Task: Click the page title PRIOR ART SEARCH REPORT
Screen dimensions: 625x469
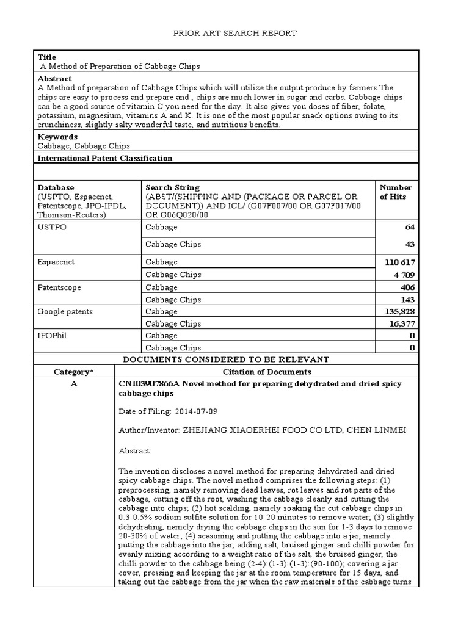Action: click(x=234, y=33)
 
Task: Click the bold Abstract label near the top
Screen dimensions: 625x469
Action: click(x=54, y=79)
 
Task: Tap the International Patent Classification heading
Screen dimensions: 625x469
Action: click(x=105, y=157)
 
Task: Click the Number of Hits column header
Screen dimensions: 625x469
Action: click(x=396, y=192)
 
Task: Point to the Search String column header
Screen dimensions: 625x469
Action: click(x=172, y=187)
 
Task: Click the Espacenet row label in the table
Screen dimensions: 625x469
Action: click(x=57, y=262)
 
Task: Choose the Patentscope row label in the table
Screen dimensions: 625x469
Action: click(x=59, y=287)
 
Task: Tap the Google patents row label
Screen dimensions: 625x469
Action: click(x=65, y=311)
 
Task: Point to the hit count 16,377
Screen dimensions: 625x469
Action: click(x=402, y=323)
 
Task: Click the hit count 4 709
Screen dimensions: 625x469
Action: click(x=402, y=275)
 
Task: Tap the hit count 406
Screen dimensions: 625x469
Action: click(x=407, y=287)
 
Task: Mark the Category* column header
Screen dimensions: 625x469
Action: click(x=75, y=371)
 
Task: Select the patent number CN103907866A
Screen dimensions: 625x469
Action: click(x=148, y=383)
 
